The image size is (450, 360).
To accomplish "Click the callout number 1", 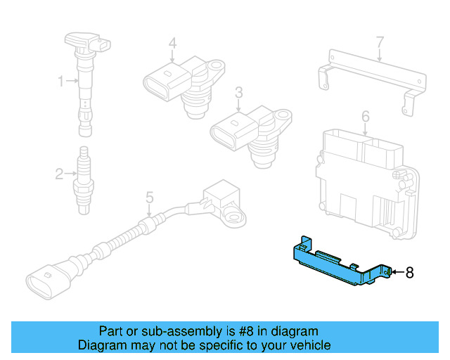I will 61,82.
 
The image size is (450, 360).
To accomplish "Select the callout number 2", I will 59,172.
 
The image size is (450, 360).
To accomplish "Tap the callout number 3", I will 239,92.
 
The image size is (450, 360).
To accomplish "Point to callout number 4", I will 172,44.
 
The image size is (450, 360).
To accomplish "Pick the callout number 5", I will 149,198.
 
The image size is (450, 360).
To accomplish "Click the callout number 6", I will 365,115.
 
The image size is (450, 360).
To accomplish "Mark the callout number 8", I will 410,271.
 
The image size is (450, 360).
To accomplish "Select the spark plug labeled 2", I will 84,181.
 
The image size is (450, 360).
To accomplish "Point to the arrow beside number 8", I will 397,271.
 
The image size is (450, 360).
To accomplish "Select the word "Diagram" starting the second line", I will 101,345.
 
